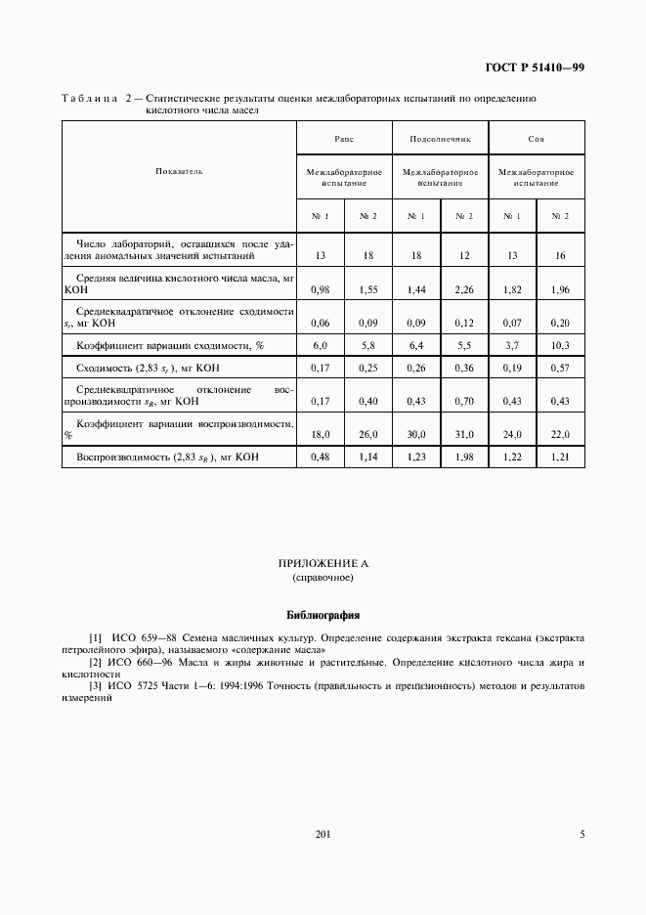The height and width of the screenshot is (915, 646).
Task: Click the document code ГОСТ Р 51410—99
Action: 535,67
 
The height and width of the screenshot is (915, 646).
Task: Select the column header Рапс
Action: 344,139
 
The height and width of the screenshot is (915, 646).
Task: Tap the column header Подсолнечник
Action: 440,139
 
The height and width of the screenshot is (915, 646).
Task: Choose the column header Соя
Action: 536,139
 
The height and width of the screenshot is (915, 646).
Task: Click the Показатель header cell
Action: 179,171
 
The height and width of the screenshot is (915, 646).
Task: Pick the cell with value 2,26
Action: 464,290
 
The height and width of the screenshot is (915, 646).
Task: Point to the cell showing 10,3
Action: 560,345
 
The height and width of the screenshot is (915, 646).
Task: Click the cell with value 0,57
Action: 560,369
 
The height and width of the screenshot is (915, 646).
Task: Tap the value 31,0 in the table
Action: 464,434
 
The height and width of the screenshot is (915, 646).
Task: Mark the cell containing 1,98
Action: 464,457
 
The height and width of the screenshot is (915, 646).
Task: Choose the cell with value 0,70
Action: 464,401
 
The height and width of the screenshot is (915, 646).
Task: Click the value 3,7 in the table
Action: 512,345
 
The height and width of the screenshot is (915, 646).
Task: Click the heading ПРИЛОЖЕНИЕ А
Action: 323,564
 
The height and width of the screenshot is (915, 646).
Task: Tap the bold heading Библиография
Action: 323,616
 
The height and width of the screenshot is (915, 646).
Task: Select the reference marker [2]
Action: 95,663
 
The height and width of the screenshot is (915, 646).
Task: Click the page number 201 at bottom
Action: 323,834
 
